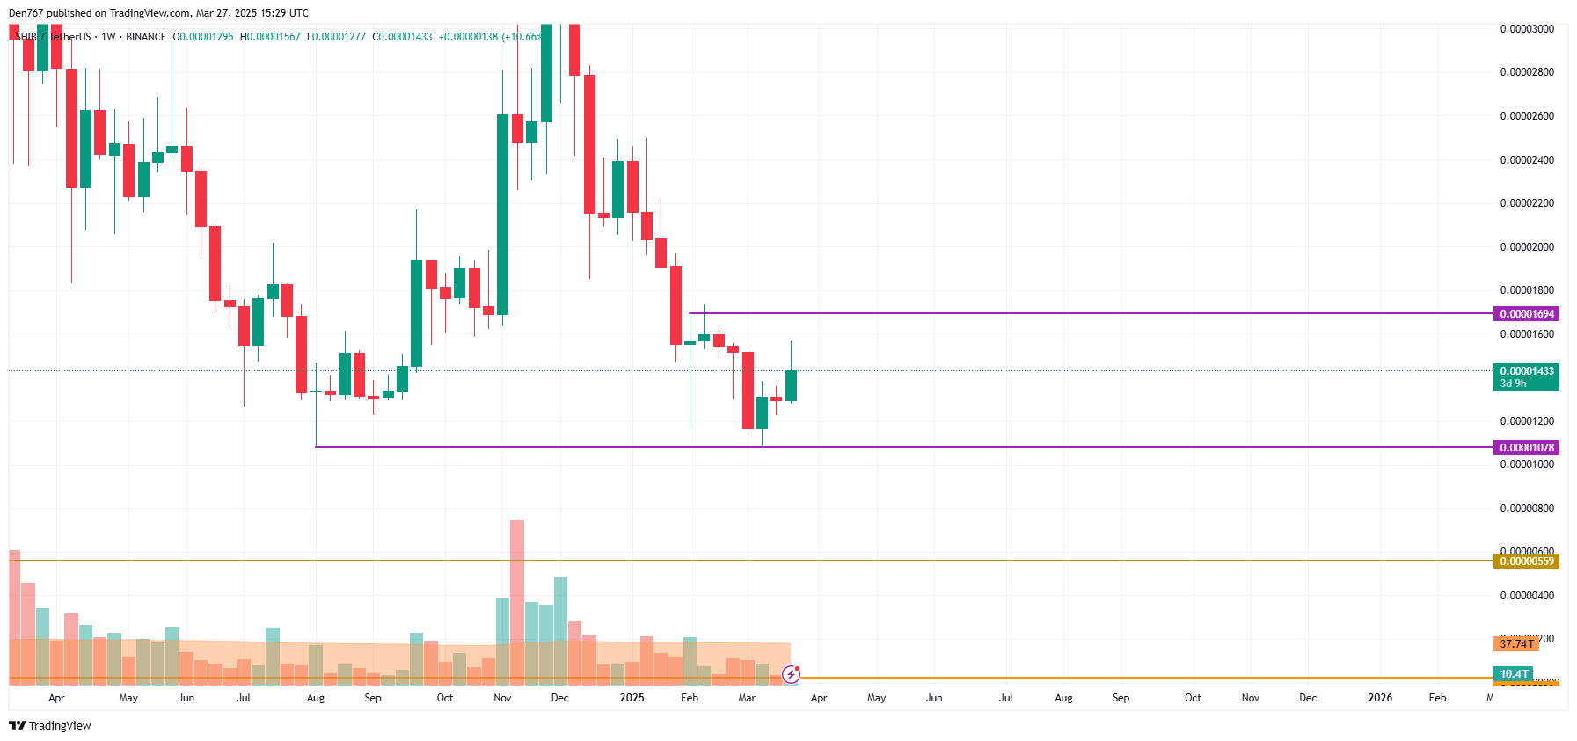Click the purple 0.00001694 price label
(x=1526, y=314)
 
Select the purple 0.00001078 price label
(x=1526, y=448)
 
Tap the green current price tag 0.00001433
(x=1526, y=371)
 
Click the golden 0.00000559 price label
(x=1526, y=561)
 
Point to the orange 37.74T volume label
(x=1515, y=644)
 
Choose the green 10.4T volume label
(x=1513, y=674)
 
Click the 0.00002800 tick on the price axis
(x=1526, y=72)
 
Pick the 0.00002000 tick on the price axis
(x=1526, y=247)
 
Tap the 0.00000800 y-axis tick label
(x=1526, y=509)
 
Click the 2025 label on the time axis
(x=632, y=698)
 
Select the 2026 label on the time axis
(x=1379, y=698)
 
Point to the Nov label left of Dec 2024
(x=502, y=698)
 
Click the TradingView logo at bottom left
(x=50, y=726)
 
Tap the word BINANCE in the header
(x=146, y=37)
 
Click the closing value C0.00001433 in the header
(x=402, y=37)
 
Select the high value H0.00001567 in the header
(x=270, y=37)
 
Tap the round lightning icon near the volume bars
(x=791, y=675)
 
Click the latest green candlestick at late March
(x=791, y=386)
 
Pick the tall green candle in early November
(x=502, y=214)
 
